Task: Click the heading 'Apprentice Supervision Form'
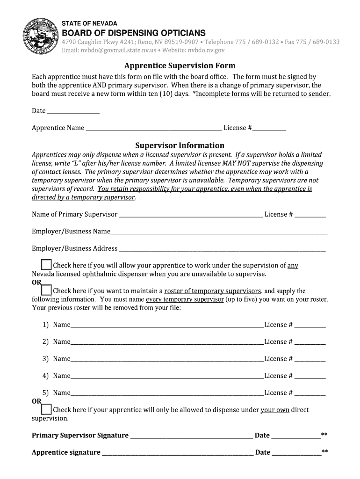pyautogui.click(x=180, y=65)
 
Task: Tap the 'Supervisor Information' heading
pyautogui.click(x=180, y=145)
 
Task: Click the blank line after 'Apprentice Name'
pyautogui.click(x=153, y=128)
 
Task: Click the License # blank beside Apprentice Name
pyautogui.click(x=269, y=128)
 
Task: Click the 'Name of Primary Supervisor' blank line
pyautogui.click(x=191, y=215)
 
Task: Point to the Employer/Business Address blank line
pyautogui.click(x=222, y=249)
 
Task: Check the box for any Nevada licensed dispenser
pyautogui.click(x=46, y=265)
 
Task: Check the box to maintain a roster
pyautogui.click(x=46, y=290)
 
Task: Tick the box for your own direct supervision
pyautogui.click(x=46, y=410)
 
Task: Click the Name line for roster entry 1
pyautogui.click(x=167, y=325)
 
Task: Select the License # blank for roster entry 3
pyautogui.click(x=310, y=359)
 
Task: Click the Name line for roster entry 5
pyautogui.click(x=167, y=393)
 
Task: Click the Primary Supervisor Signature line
pyautogui.click(x=191, y=436)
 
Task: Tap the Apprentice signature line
pyautogui.click(x=177, y=453)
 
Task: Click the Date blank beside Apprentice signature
pyautogui.click(x=296, y=453)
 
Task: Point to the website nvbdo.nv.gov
pyautogui.click(x=206, y=50)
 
